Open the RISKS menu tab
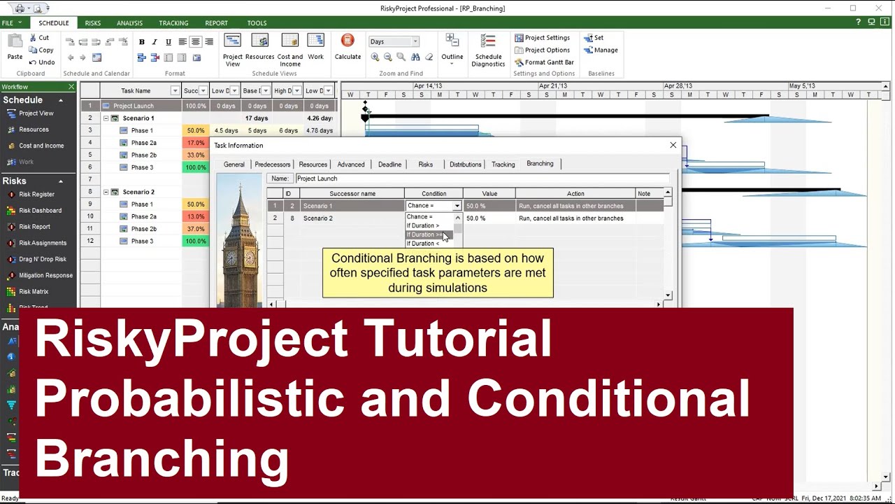tap(93, 23)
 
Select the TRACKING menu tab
tap(173, 23)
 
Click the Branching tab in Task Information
tap(540, 164)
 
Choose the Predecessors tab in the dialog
tap(272, 164)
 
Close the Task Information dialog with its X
tap(673, 145)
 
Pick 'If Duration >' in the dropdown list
tap(423, 225)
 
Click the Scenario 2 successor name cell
tap(352, 218)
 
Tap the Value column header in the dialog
tap(489, 193)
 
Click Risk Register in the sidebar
tap(36, 195)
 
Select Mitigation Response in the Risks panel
tap(45, 275)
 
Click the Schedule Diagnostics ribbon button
tap(488, 50)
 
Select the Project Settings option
tap(543, 38)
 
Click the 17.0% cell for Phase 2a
tap(196, 143)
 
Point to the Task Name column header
tap(136, 90)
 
